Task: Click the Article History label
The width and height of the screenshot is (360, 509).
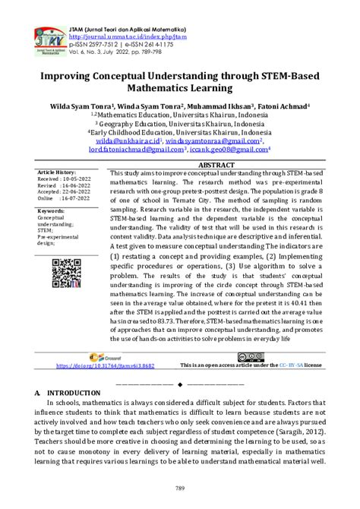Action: point(58,172)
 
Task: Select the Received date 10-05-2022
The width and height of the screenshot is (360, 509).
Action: point(79,179)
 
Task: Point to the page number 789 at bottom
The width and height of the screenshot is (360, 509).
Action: point(180,485)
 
